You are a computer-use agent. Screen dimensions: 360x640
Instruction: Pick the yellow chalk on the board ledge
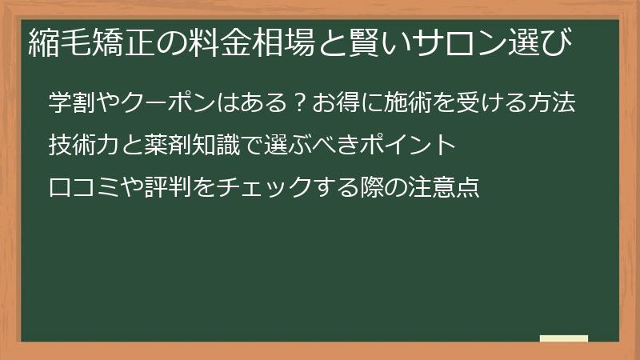point(564,338)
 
